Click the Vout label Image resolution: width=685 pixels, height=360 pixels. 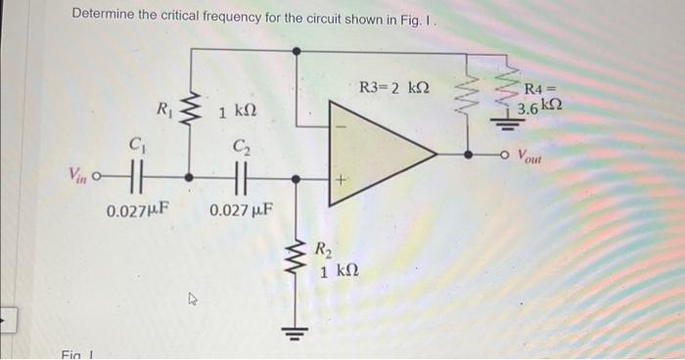[x=531, y=155]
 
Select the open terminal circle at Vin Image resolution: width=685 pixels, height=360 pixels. [x=101, y=180]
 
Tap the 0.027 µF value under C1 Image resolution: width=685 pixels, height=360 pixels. [x=136, y=209]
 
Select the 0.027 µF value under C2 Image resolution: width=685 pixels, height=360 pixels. [x=241, y=209]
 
